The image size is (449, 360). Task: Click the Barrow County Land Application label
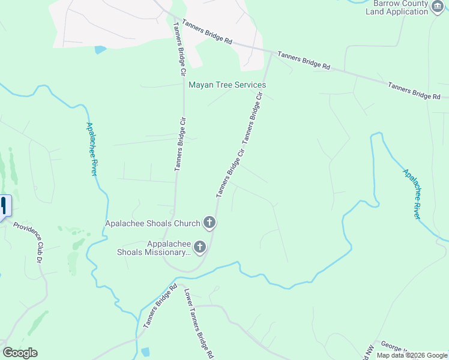[396, 7]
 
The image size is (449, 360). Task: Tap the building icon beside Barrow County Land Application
[438, 7]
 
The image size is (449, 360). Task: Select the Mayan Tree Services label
[228, 85]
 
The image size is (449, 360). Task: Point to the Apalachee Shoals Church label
[152, 224]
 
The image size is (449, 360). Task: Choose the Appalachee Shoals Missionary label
[153, 248]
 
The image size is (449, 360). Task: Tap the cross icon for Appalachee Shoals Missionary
[200, 247]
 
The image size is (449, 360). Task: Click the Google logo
[20, 353]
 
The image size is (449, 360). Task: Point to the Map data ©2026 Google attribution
[412, 355]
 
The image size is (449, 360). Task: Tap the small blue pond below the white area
[100, 50]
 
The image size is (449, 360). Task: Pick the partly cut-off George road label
[393, 347]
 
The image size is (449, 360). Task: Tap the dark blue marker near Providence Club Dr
[4, 206]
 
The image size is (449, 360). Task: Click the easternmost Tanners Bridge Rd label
[414, 91]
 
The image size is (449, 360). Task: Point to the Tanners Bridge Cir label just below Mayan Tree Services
[253, 118]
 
